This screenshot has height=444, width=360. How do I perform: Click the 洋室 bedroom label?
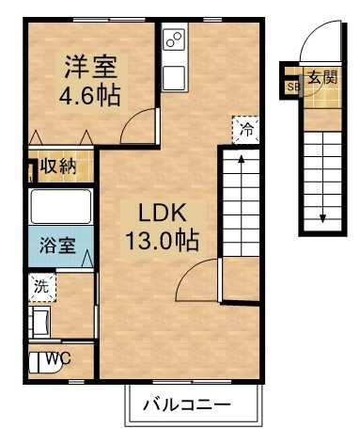89,67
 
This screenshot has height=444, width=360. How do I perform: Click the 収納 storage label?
57,168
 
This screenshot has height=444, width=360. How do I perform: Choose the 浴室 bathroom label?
57,247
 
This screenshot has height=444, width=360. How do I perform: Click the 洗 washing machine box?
40,287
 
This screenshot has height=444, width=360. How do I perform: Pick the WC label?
58,357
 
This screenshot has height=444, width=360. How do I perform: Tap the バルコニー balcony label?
187,405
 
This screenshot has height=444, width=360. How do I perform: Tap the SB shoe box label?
293,87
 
